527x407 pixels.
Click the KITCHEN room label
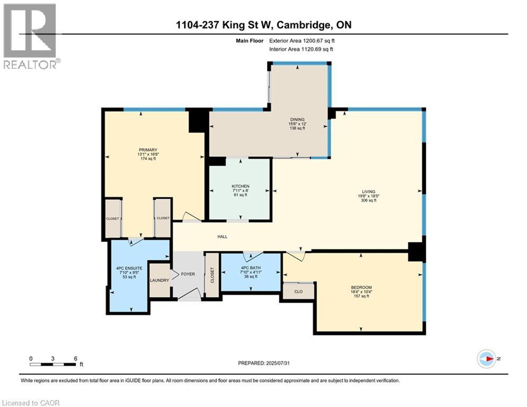click(x=240, y=187)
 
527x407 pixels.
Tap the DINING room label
click(x=296, y=120)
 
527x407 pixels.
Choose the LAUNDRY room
click(x=159, y=280)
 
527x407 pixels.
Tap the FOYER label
click(x=188, y=275)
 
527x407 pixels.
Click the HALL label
click(x=222, y=236)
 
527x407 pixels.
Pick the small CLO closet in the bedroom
click(x=298, y=291)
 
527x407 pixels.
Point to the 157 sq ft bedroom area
click(x=361, y=296)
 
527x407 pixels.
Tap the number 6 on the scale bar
click(x=76, y=358)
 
